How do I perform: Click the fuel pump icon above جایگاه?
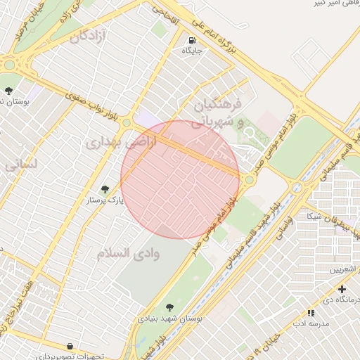[x=193, y=39]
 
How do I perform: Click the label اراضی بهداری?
[x=114, y=142]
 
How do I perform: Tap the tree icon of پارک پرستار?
[x=105, y=188]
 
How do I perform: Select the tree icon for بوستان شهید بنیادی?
[x=169, y=307]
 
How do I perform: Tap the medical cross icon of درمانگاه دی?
[x=342, y=289]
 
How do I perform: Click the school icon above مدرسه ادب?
[x=311, y=313]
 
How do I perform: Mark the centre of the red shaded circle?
[x=180, y=179]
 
